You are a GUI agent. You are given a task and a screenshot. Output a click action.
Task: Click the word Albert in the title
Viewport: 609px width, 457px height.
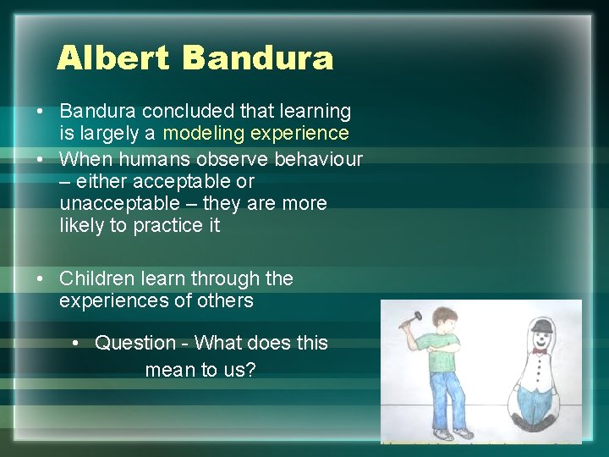[113, 58]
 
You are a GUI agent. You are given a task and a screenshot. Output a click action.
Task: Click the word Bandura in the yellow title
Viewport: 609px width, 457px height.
[257, 58]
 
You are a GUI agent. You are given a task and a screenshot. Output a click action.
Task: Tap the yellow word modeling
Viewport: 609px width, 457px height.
[203, 133]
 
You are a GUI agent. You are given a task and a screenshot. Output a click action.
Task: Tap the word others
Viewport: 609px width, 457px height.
[224, 300]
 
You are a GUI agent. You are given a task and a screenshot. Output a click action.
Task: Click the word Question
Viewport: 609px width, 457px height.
[134, 343]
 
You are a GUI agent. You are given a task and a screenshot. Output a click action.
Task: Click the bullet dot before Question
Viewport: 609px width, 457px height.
[77, 343]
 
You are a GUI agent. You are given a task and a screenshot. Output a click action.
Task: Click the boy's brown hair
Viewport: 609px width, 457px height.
[443, 317]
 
